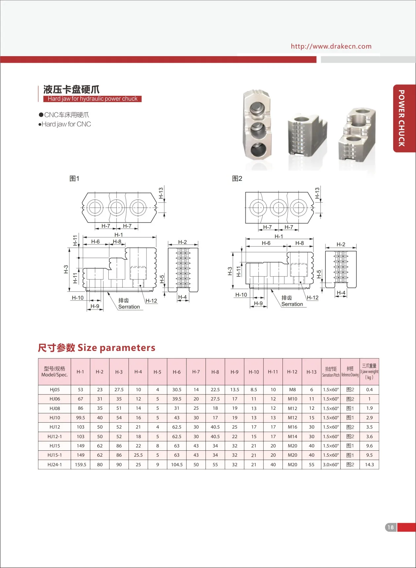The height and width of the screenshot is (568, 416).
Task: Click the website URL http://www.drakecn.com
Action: (x=331, y=46)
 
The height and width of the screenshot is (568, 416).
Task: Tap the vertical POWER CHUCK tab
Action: (x=401, y=118)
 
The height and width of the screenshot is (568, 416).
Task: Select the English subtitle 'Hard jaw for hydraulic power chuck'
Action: (x=93, y=99)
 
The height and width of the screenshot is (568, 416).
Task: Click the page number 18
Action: (x=391, y=527)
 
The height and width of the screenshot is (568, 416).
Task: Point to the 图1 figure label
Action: (x=74, y=178)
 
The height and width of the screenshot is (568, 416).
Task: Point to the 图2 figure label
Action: (x=237, y=178)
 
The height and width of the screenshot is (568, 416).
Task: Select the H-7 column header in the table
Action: (x=196, y=372)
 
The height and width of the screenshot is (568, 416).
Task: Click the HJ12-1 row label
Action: (x=55, y=436)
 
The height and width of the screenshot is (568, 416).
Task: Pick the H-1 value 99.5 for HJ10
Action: (x=80, y=418)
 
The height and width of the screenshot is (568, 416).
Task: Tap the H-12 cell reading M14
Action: (x=292, y=436)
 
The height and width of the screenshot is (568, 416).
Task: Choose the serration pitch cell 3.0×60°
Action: (x=331, y=465)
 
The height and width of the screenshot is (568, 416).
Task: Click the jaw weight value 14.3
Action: (x=369, y=465)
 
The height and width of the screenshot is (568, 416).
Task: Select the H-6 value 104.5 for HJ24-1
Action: (x=177, y=465)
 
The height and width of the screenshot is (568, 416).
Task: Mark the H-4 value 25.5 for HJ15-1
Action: (x=138, y=455)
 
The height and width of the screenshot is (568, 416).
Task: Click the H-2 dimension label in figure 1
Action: (x=182, y=242)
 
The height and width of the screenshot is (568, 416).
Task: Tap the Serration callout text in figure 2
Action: (x=292, y=304)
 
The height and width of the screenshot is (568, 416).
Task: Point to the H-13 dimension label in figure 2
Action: (x=317, y=193)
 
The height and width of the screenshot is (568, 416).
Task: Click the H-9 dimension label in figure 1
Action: (x=95, y=306)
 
